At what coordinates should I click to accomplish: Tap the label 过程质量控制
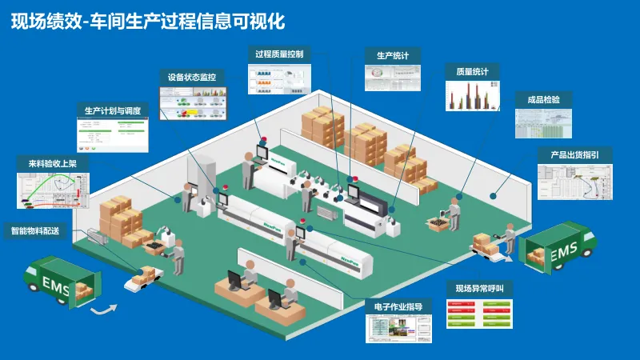279,54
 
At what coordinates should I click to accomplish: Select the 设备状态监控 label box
192,77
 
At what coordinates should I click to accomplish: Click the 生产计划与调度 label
113,110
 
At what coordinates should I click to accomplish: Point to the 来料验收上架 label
53,164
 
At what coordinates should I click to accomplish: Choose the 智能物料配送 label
36,230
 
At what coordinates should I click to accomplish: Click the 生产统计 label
393,55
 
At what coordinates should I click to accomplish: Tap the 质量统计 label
473,72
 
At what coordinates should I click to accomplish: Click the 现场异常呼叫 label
479,288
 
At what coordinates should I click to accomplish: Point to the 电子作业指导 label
398,306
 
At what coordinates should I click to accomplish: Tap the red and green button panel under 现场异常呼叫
479,314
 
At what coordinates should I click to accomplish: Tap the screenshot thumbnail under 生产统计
393,77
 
